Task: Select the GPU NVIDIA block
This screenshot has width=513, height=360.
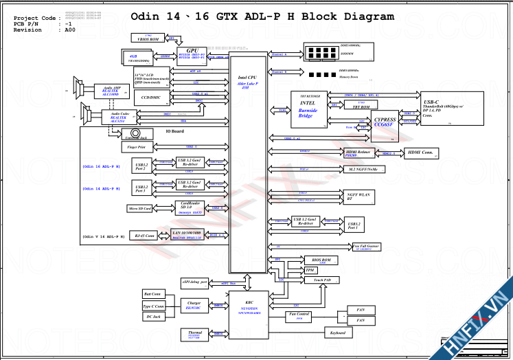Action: [193, 54]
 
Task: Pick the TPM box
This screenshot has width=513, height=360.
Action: [310, 271]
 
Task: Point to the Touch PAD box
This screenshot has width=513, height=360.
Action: [322, 280]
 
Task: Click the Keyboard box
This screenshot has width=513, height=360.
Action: [337, 333]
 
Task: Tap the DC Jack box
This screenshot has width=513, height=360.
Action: [152, 317]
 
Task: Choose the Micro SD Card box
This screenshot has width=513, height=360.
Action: [140, 207]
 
